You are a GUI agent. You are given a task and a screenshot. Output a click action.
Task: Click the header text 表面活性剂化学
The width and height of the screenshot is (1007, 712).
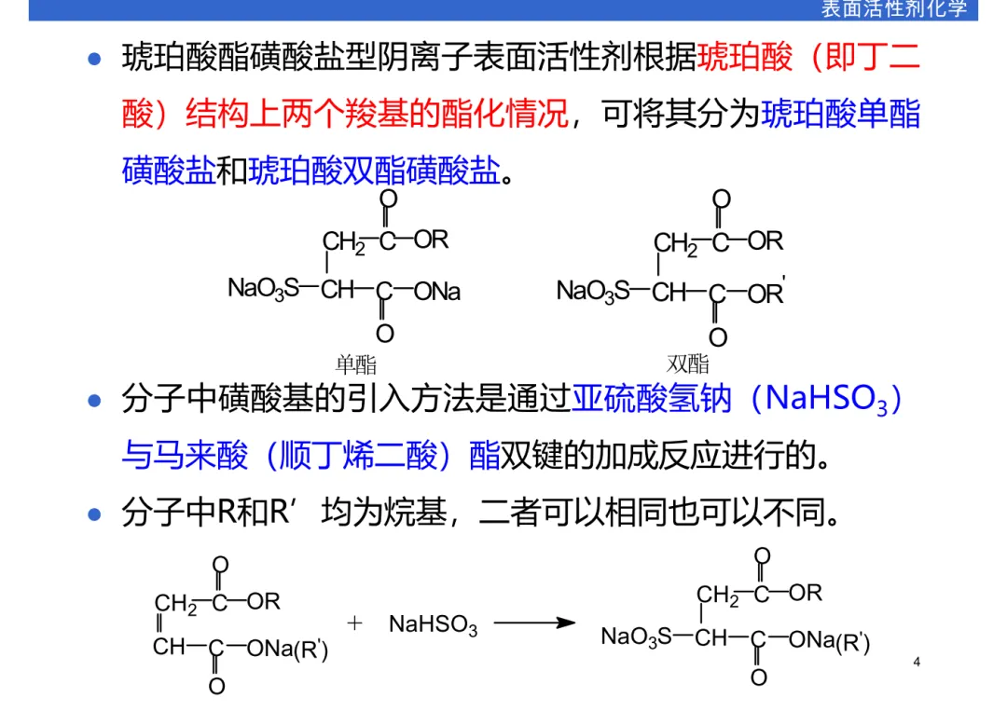(x=893, y=9)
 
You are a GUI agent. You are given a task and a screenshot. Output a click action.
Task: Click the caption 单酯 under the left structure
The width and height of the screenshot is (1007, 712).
(x=355, y=364)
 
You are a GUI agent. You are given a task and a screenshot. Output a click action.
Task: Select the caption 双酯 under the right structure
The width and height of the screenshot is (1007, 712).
(x=688, y=364)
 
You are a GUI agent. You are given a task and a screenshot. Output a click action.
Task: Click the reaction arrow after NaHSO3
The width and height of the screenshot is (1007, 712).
(x=534, y=622)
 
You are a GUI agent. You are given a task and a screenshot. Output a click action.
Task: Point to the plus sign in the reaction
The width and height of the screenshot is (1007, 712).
(x=354, y=623)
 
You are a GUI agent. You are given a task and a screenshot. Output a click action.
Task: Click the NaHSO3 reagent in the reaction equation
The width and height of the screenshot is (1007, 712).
(x=433, y=625)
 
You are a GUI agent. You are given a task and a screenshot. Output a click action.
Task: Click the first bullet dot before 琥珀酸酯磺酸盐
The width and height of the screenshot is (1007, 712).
(x=93, y=60)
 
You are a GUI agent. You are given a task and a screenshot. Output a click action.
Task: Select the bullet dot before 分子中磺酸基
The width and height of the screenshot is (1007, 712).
(x=93, y=402)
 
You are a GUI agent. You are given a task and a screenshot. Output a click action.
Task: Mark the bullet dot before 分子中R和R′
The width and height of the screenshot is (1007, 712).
(x=93, y=513)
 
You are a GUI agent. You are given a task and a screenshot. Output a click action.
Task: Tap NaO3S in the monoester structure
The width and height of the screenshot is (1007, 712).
(x=264, y=290)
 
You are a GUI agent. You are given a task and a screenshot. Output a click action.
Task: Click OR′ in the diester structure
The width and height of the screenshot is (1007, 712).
(x=766, y=293)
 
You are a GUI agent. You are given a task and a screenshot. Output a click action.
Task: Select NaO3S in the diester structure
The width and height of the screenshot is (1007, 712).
(x=594, y=291)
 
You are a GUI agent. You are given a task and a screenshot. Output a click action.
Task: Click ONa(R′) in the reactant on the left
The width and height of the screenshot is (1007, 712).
(x=288, y=648)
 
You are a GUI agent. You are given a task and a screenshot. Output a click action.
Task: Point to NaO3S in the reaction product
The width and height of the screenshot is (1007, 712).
(x=637, y=638)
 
